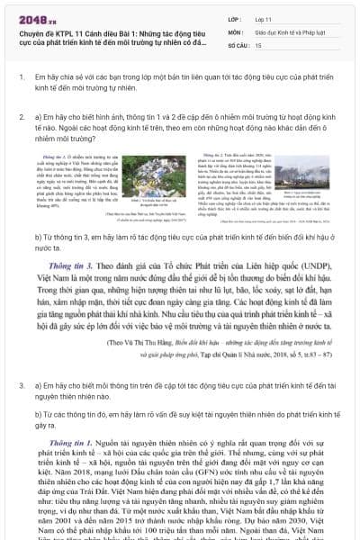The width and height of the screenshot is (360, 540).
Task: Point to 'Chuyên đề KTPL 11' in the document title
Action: tap(49, 31)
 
